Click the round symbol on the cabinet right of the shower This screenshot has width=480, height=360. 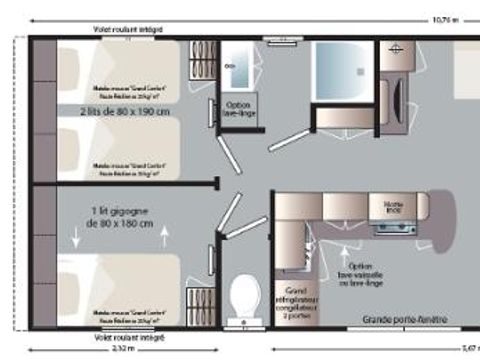(396, 50)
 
